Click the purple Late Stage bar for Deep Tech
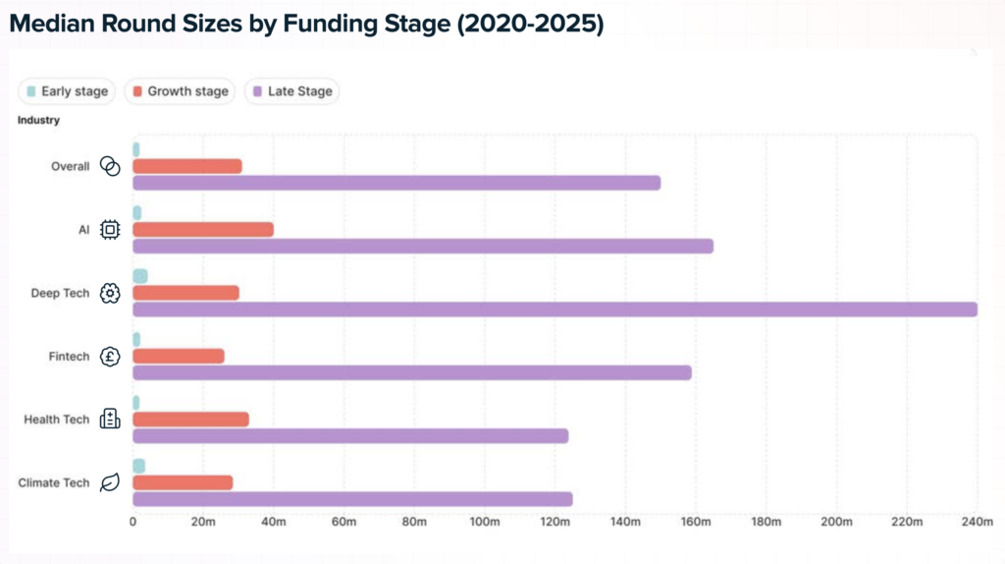click(x=555, y=310)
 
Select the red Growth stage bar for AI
click(x=203, y=230)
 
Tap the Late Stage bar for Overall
click(x=397, y=183)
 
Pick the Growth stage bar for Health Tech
click(x=190, y=420)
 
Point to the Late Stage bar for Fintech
click(x=412, y=372)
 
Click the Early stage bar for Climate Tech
click(x=138, y=466)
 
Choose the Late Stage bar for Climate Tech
click(x=352, y=499)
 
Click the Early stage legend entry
click(x=67, y=91)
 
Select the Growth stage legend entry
click(x=181, y=91)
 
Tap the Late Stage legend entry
click(x=292, y=91)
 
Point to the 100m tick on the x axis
click(x=485, y=522)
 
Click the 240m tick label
click(x=977, y=522)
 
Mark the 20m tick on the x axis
click(x=203, y=522)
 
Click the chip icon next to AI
click(x=110, y=230)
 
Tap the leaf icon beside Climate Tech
click(x=110, y=482)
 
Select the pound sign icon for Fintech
click(x=110, y=357)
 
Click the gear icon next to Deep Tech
click(x=110, y=293)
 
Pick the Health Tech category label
click(x=57, y=420)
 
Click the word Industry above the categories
click(x=38, y=120)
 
